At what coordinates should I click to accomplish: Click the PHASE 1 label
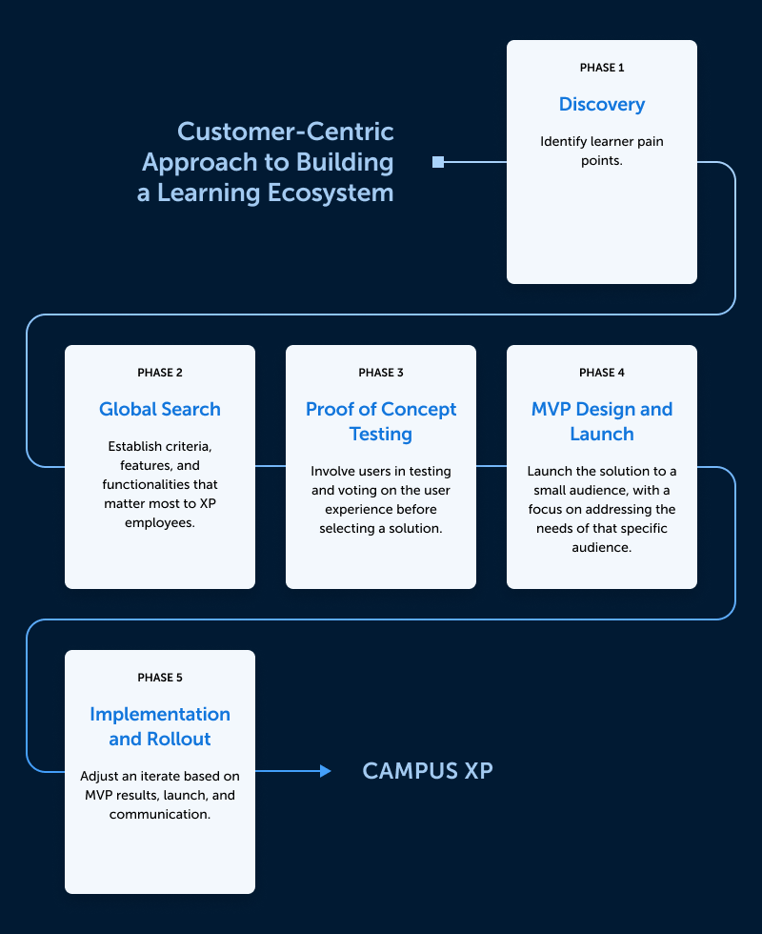point(602,68)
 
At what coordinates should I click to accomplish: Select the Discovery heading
point(602,104)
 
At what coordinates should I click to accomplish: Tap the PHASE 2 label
point(160,373)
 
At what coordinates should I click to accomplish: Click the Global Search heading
point(160,409)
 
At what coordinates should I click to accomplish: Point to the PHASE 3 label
point(381,373)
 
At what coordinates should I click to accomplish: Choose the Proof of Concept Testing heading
point(381,421)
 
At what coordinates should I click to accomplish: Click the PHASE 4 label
point(602,373)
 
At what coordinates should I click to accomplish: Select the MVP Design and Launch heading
point(602,421)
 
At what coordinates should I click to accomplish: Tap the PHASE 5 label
point(160,678)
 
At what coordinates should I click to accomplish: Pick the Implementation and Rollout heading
point(160,726)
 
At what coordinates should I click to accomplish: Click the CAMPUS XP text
point(428,771)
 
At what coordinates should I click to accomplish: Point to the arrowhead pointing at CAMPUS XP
point(326,771)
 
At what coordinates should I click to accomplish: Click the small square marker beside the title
point(438,162)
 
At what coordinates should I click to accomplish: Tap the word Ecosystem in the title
point(331,193)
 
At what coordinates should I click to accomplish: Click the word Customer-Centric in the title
point(286,132)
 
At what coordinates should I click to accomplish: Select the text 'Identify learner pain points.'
point(602,152)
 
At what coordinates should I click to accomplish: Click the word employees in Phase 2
point(160,523)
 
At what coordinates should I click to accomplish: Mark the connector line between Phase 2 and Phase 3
point(271,466)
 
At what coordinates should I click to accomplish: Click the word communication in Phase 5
point(160,814)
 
